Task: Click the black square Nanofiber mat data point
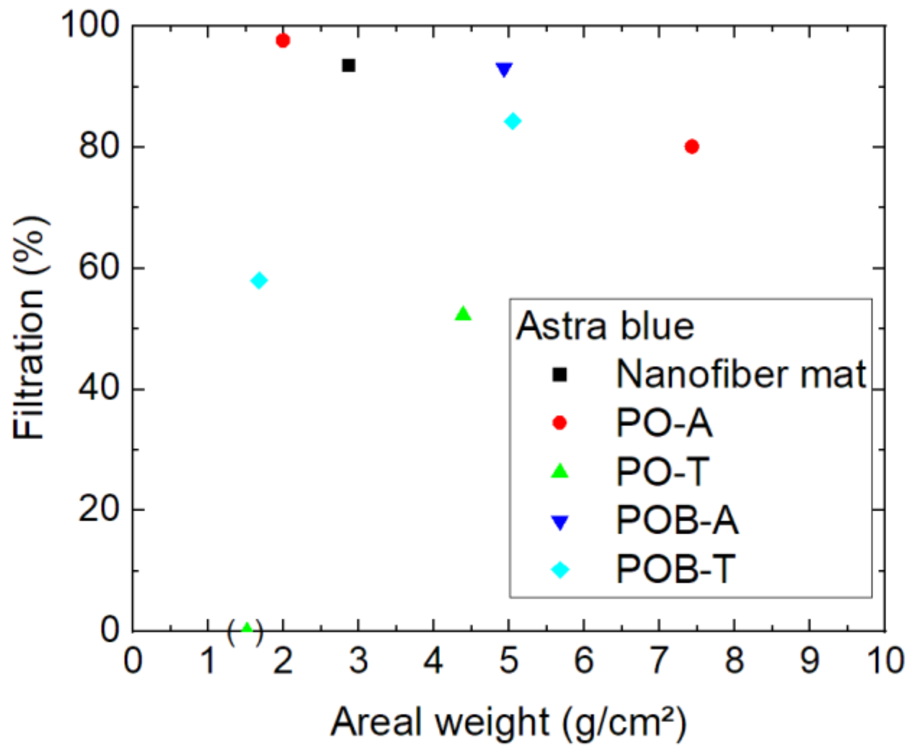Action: pyautogui.click(x=348, y=65)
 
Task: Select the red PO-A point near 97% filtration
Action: pyautogui.click(x=283, y=40)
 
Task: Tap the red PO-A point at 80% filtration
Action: pyautogui.click(x=691, y=146)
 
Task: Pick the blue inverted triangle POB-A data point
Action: pyautogui.click(x=503, y=69)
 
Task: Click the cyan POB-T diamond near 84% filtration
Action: pyautogui.click(x=513, y=121)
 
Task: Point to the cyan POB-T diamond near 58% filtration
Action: pyautogui.click(x=259, y=280)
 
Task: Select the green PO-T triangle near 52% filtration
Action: pyautogui.click(x=463, y=313)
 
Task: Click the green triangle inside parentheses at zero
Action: pyautogui.click(x=246, y=627)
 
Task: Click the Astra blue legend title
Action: pyautogui.click(x=604, y=326)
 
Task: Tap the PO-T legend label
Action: pyautogui.click(x=663, y=471)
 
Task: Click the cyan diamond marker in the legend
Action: pyautogui.click(x=559, y=569)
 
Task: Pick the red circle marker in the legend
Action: pyautogui.click(x=559, y=422)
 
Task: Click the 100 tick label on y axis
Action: pyautogui.click(x=90, y=25)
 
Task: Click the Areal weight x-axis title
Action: pyautogui.click(x=508, y=722)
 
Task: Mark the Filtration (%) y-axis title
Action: pyautogui.click(x=30, y=328)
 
